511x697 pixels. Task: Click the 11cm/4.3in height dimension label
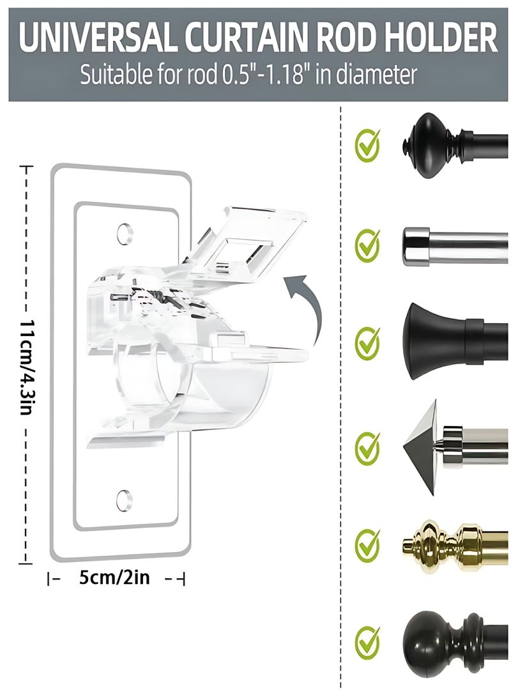[26, 366]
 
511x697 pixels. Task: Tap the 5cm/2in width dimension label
[114, 578]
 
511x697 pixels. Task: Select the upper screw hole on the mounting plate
[125, 233]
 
